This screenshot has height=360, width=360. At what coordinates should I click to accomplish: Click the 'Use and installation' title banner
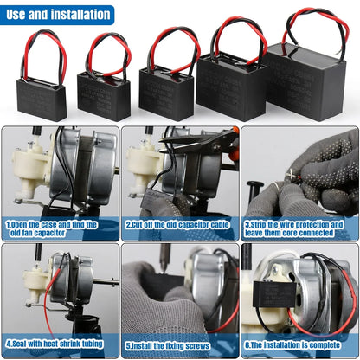[x=57, y=14]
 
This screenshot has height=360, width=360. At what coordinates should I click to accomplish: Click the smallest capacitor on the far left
[x=42, y=98]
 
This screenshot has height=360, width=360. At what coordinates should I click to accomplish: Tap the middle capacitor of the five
[x=166, y=93]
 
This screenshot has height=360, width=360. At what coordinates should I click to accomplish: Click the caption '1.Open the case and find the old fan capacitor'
[x=39, y=228]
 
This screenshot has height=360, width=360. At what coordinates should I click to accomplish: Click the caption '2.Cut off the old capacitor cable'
[x=178, y=223]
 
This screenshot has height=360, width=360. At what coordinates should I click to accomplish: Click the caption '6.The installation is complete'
[x=298, y=344]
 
